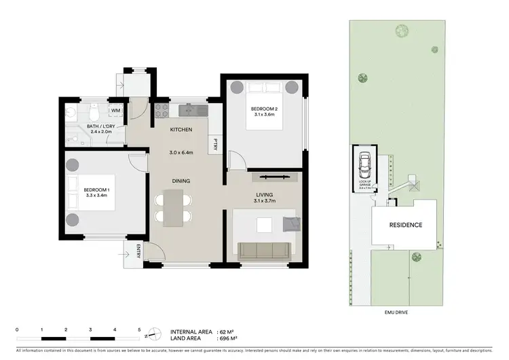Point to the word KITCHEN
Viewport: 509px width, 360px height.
pos(181,129)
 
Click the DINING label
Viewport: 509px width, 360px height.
pos(181,181)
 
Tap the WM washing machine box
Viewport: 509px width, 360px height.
pos(115,110)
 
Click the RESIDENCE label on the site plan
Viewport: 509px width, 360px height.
pos(405,225)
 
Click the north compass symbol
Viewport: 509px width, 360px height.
pos(155,334)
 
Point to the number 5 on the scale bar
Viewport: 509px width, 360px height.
pos(139,329)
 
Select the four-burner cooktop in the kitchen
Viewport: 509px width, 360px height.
pos(162,110)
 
